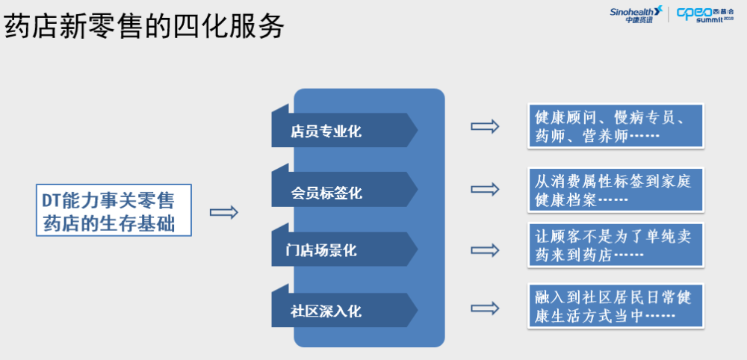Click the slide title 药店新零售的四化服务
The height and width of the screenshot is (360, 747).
(x=144, y=25)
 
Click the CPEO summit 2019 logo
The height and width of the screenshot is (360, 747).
(x=705, y=14)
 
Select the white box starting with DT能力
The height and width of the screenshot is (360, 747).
(x=114, y=210)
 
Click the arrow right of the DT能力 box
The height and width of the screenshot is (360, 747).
(x=224, y=212)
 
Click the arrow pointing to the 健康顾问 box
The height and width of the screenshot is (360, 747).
(x=485, y=126)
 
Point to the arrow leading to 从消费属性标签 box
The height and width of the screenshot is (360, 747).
(x=485, y=189)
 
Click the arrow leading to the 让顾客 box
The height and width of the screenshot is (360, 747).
(x=485, y=250)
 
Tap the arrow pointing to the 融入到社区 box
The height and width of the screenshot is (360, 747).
(x=485, y=308)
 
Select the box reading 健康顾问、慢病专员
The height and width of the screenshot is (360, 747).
(x=616, y=125)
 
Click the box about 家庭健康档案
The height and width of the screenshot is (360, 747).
(x=616, y=190)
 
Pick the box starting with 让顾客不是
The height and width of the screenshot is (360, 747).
(x=616, y=245)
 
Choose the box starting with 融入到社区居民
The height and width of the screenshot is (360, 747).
(x=616, y=306)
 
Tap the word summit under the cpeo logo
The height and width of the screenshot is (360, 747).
(x=710, y=20)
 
